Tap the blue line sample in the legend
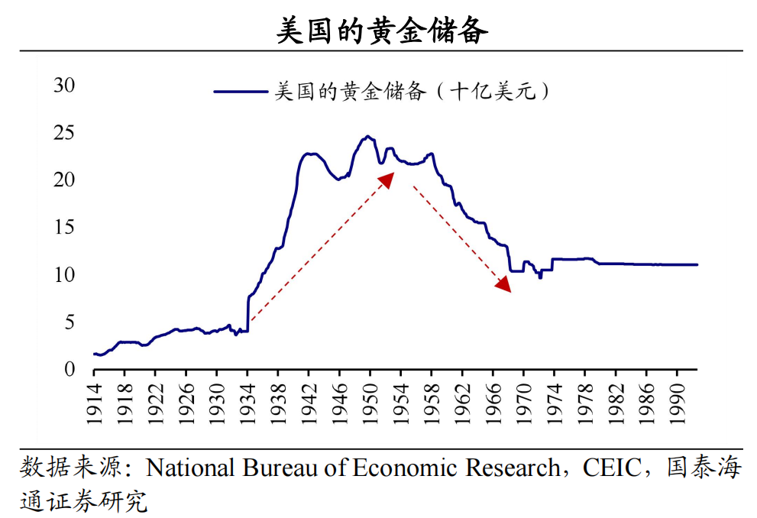tap(241, 91)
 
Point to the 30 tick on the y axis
tap(64, 86)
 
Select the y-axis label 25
tap(64, 133)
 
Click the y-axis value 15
tap(64, 227)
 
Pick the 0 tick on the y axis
tap(70, 369)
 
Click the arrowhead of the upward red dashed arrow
tap(388, 178)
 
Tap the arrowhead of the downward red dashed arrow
tap(504, 285)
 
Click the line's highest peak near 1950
tap(367, 137)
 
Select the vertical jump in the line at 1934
tap(248, 313)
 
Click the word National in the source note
tap(191, 468)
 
